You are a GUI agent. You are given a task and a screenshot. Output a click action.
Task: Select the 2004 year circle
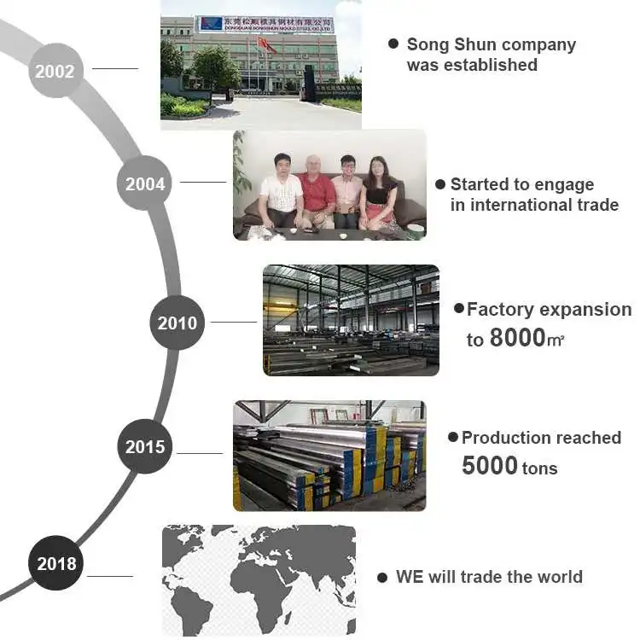pyautogui.click(x=145, y=183)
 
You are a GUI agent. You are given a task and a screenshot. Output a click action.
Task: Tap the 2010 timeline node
pyautogui.click(x=177, y=323)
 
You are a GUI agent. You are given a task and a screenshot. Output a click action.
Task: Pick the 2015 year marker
pyautogui.click(x=145, y=446)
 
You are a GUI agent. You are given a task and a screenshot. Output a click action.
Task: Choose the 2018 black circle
pyautogui.click(x=56, y=563)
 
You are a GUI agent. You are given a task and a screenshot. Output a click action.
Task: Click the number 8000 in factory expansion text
pyautogui.click(x=517, y=339)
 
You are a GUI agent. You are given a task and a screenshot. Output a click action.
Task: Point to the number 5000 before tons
pyautogui.click(x=490, y=466)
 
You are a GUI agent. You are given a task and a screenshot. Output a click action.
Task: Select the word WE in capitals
pyautogui.click(x=410, y=577)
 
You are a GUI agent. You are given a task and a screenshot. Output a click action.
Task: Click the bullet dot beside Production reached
pyautogui.click(x=453, y=437)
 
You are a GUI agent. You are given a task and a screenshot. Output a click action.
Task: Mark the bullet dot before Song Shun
pyautogui.click(x=393, y=43)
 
